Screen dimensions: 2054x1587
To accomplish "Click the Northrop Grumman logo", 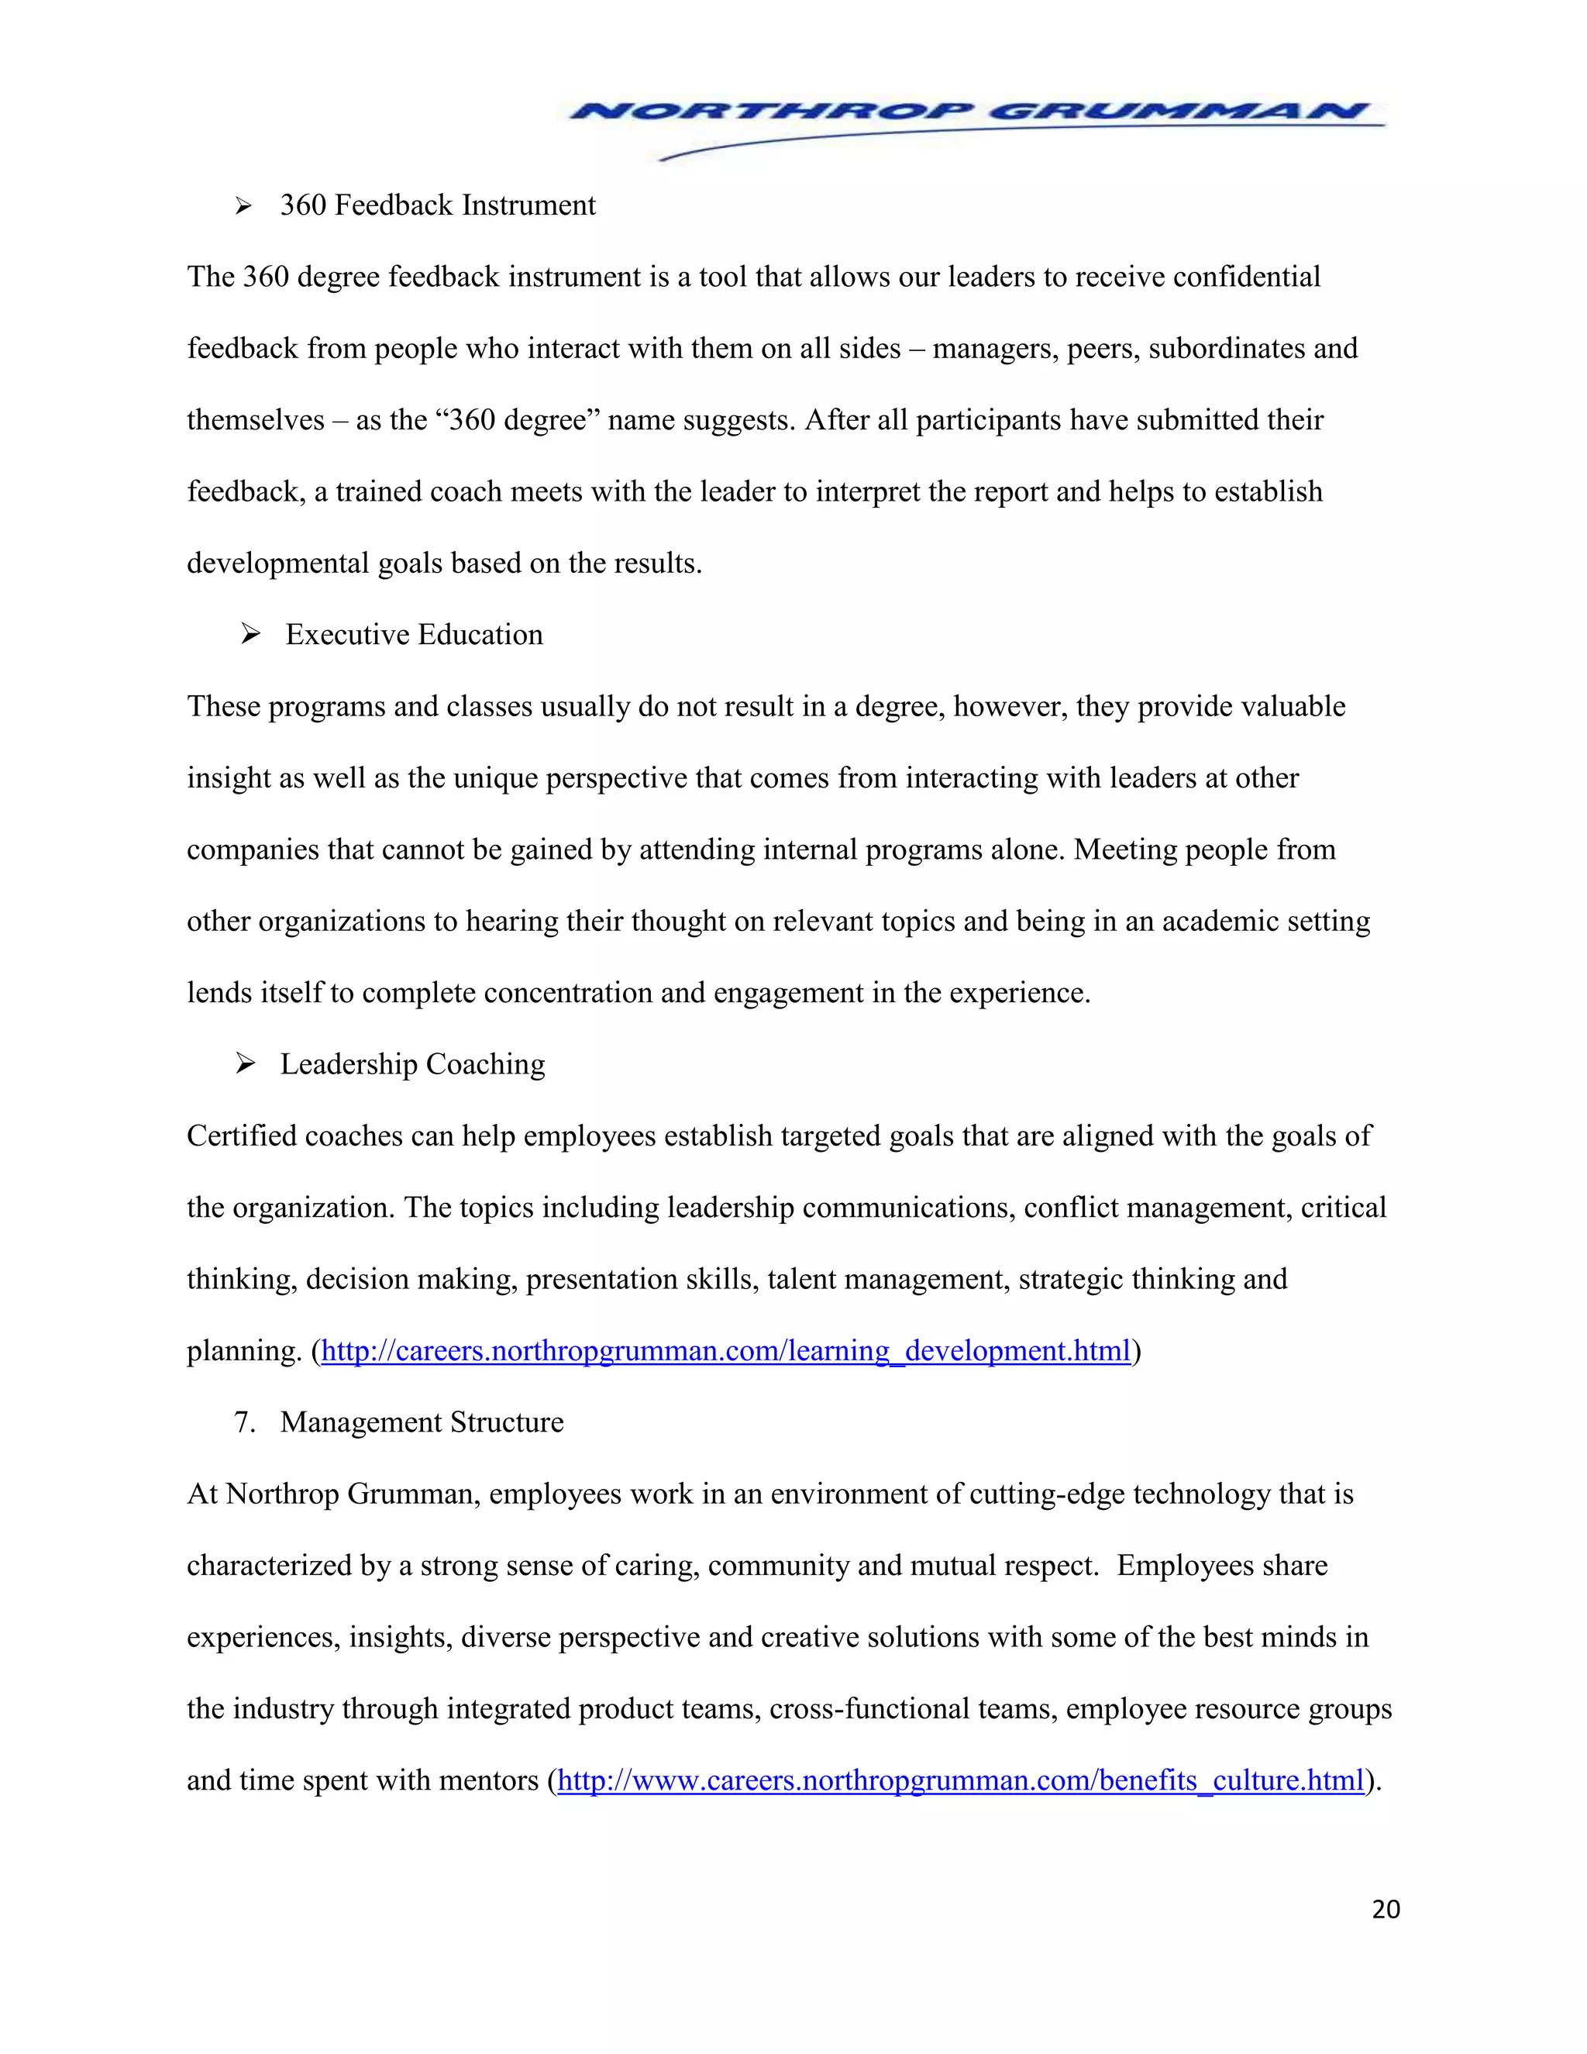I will [974, 122].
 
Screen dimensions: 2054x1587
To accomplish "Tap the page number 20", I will [1386, 1909].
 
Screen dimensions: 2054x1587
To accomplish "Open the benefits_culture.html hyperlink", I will [960, 1780].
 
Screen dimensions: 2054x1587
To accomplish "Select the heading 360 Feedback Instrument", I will [437, 205].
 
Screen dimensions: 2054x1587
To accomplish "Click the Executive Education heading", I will [414, 635].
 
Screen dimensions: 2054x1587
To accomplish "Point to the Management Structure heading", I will [422, 1422].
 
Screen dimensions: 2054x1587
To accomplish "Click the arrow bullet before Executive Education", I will [250, 635].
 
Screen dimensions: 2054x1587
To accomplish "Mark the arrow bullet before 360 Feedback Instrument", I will [243, 206].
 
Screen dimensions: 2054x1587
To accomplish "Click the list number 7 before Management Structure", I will [243, 1422].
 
